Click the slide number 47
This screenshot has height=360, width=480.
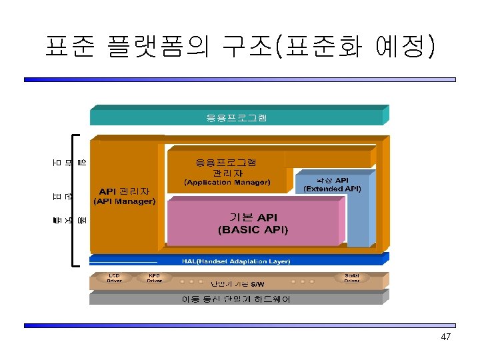click(x=446, y=337)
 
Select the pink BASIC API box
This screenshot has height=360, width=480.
click(x=253, y=223)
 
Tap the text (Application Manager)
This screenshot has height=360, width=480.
click(x=227, y=182)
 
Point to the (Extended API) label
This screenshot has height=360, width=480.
click(x=332, y=189)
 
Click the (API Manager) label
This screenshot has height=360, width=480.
click(x=125, y=201)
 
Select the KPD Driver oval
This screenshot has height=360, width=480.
click(x=155, y=278)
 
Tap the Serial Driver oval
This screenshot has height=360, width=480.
click(x=352, y=278)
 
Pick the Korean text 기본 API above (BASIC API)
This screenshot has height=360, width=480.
click(x=253, y=217)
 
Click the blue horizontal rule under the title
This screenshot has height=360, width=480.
click(x=240, y=79)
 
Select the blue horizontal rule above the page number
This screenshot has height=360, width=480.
click(x=240, y=325)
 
